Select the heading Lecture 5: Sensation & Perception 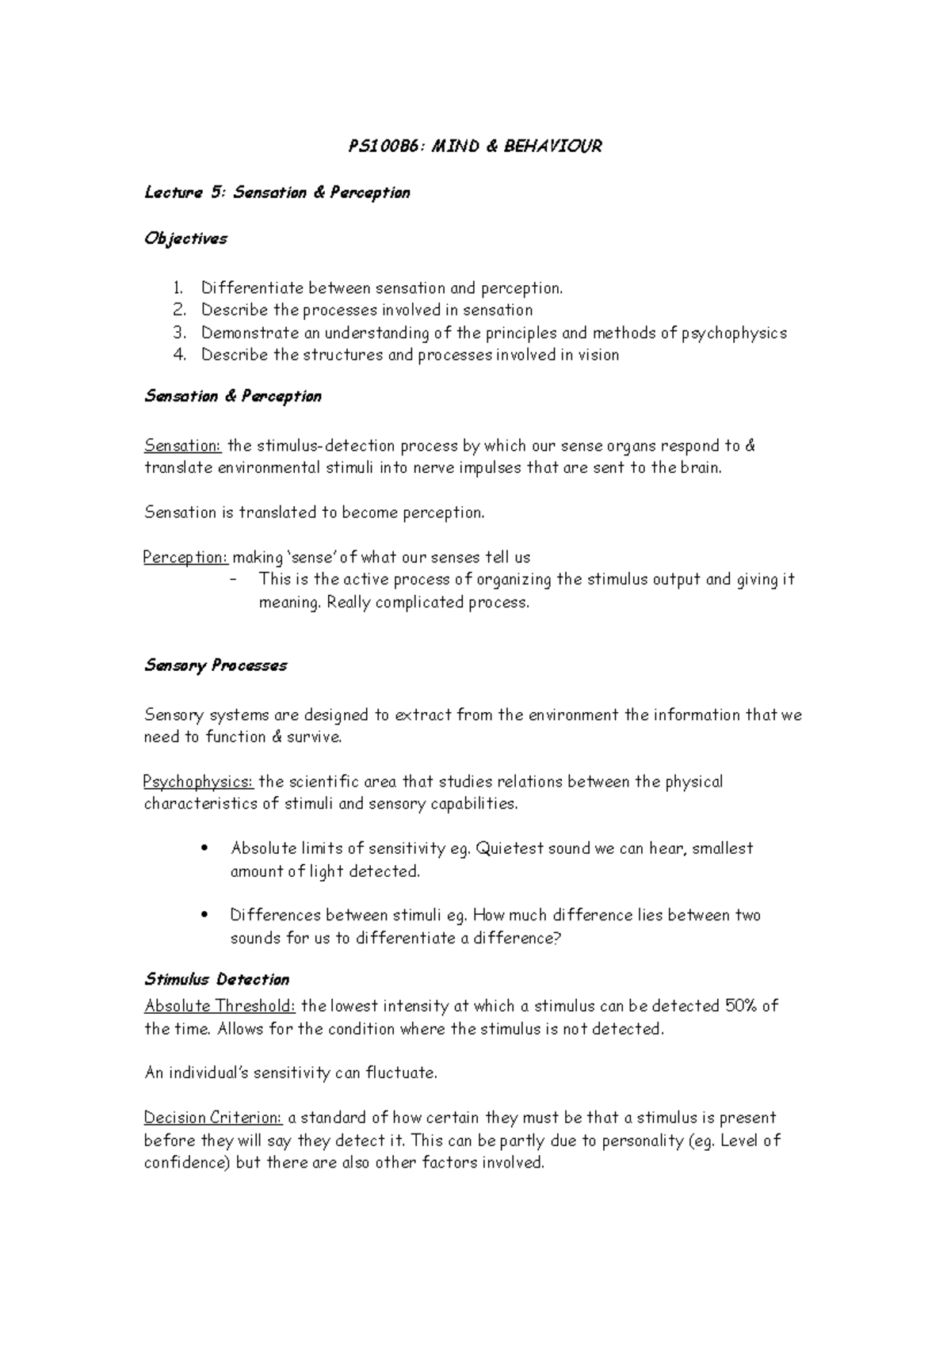click(277, 192)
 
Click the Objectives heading click(185, 238)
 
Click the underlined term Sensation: click(182, 445)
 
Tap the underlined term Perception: click(185, 558)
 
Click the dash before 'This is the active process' click(232, 580)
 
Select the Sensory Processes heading click(215, 665)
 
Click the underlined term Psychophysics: click(198, 782)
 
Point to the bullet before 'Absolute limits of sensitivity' click(205, 848)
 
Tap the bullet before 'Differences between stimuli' click(205, 916)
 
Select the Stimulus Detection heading click(216, 980)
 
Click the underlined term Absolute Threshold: click(220, 1006)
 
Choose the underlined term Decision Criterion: click(212, 1118)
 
